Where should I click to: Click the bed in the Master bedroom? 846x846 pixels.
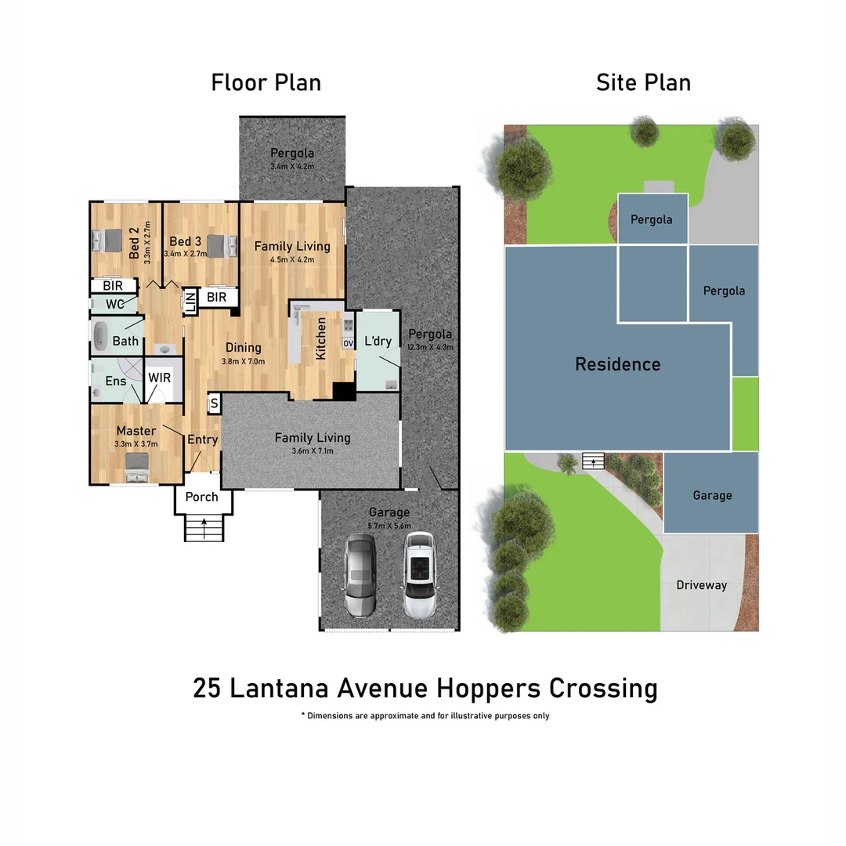(137, 468)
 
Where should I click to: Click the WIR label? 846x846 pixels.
(160, 378)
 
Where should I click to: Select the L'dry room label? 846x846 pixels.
(378, 341)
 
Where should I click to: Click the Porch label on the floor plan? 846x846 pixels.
(201, 497)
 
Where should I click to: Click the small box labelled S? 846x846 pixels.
(214, 404)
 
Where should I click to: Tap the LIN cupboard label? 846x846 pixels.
(190, 302)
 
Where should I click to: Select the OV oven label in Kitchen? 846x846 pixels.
(348, 343)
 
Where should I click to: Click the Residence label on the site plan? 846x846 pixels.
(617, 364)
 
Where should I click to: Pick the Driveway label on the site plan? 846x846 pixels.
(701, 585)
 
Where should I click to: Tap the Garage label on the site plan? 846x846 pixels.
(712, 495)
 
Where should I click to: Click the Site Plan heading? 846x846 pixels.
(643, 82)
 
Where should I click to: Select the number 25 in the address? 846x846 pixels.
(207, 689)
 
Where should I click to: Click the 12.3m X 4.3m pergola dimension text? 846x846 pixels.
(430, 346)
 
